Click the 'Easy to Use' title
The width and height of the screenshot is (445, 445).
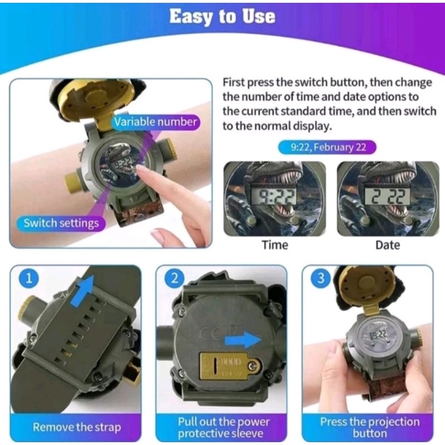[x=222, y=17]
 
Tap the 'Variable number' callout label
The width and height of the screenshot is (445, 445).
[x=156, y=122]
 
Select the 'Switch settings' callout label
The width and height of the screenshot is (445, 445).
[x=61, y=223]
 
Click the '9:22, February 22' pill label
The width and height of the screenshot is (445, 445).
[x=327, y=147]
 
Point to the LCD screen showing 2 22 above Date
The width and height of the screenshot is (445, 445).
[x=388, y=196]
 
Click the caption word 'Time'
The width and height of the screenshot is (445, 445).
[x=275, y=245]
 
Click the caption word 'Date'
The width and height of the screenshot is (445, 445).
[x=388, y=245]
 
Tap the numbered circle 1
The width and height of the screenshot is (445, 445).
[x=29, y=278]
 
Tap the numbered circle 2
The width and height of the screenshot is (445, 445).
[x=175, y=278]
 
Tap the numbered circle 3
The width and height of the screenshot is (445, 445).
[x=321, y=278]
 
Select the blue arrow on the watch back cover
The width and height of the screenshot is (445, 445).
[x=243, y=340]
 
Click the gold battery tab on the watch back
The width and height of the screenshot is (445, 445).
[x=230, y=365]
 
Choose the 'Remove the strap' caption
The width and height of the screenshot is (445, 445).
[x=77, y=427]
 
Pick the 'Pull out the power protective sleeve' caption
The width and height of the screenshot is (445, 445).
[x=224, y=427]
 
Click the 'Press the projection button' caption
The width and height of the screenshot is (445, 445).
[x=369, y=427]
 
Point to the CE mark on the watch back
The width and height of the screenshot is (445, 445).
[x=210, y=334]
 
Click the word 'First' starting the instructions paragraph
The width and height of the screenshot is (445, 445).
[x=234, y=82]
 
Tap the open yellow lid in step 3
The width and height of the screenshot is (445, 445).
[x=363, y=287]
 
